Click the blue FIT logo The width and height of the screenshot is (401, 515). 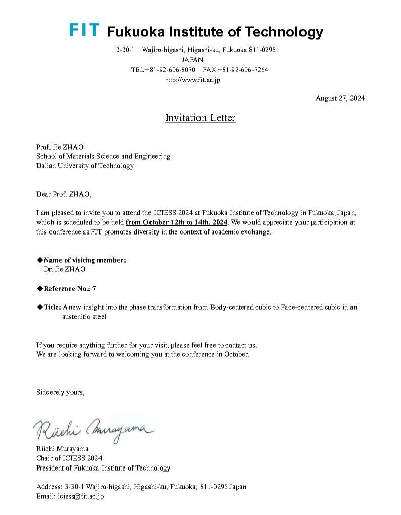[84, 30]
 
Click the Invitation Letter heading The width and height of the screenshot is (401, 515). [201, 118]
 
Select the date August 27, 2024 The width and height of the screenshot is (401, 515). [340, 98]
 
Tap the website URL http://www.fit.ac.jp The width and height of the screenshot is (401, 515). [192, 80]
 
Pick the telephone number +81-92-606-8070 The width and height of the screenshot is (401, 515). [170, 70]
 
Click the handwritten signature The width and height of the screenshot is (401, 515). [93, 430]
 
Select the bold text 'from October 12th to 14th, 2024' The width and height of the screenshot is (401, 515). [177, 222]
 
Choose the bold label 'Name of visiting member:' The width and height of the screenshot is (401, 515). [85, 260]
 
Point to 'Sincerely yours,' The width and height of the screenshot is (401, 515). [61, 392]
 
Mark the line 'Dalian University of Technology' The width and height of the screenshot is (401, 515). [85, 166]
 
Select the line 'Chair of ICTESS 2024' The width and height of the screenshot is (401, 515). [69, 458]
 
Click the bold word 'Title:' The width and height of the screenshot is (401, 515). [53, 307]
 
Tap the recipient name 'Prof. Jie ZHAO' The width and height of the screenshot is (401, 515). [60, 147]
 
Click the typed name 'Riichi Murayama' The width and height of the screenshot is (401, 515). [62, 449]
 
